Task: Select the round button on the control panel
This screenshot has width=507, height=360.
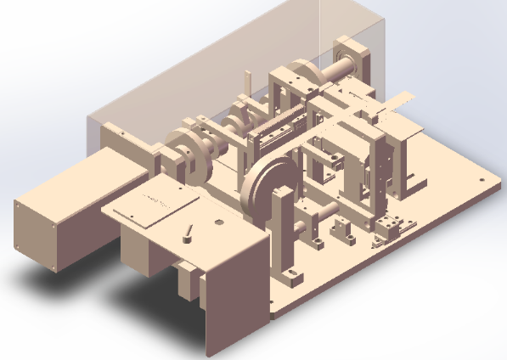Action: (x=219, y=222)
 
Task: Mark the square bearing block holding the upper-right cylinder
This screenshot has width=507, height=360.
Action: (x=358, y=59)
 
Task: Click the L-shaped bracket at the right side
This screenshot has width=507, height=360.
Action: (x=411, y=161)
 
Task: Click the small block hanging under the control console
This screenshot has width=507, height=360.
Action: (x=188, y=280)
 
